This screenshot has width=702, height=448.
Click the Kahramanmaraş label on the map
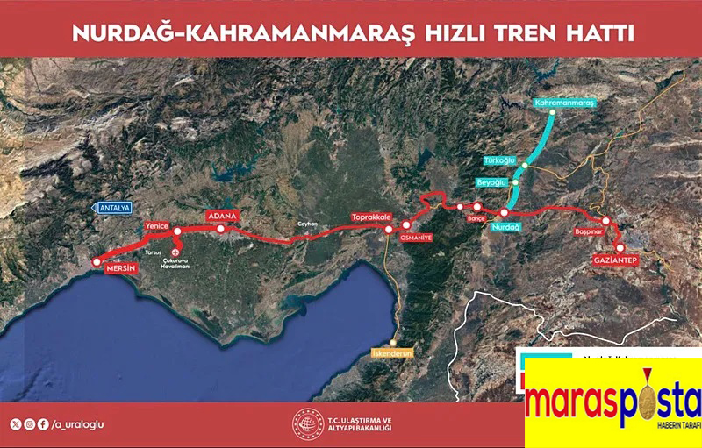(565, 103)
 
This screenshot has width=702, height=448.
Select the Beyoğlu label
(491, 181)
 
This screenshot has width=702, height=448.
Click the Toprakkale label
(369, 217)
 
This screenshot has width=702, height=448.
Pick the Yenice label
(156, 225)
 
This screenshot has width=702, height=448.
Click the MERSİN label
(121, 269)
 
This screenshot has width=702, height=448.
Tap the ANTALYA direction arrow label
(111, 208)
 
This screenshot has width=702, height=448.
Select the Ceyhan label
(307, 224)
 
